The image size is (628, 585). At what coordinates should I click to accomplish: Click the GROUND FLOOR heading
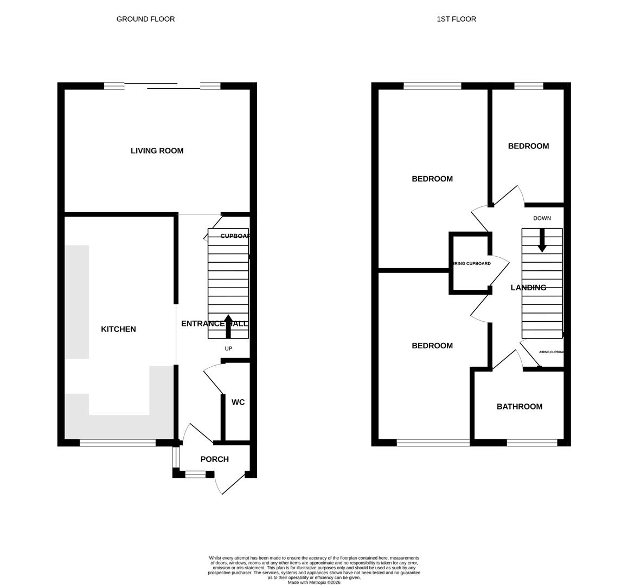tap(145, 19)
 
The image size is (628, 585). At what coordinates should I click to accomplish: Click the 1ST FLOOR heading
tap(456, 19)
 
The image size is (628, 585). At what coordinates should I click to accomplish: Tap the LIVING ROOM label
tap(157, 151)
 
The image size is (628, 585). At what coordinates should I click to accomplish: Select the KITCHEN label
tap(118, 329)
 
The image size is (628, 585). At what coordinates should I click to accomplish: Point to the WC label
tap(238, 402)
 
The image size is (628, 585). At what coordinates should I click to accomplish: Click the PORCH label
tap(214, 459)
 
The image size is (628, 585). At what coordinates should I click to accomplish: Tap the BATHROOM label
tap(519, 406)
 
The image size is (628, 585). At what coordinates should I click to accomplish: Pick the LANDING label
tap(528, 288)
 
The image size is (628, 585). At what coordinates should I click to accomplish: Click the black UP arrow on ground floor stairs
tap(228, 326)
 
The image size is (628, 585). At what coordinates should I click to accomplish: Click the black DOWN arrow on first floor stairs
tap(542, 240)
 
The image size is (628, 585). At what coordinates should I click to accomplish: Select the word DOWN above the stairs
tap(542, 218)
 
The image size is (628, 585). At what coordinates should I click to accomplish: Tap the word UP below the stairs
tap(228, 348)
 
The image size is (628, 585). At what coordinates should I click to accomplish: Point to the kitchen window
tap(118, 443)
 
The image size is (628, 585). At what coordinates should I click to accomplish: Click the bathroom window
tap(531, 443)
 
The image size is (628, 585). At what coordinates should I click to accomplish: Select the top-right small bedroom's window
tap(528, 86)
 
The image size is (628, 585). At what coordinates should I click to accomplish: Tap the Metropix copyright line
tap(314, 582)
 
